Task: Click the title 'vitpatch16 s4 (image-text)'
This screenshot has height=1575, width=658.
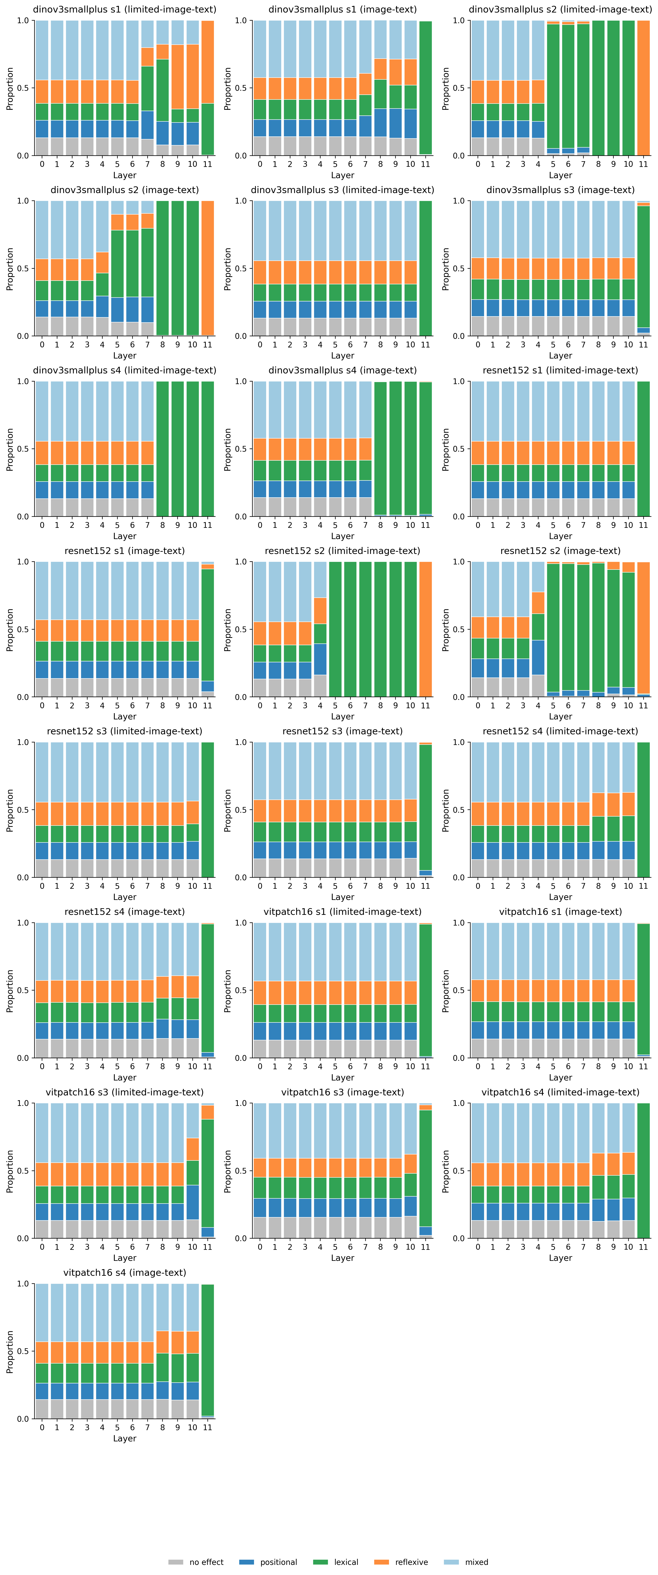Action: [x=125, y=1272]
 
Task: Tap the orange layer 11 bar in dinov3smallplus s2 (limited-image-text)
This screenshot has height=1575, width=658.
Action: [x=643, y=87]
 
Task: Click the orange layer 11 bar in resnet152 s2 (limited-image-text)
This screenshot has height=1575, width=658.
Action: [x=425, y=629]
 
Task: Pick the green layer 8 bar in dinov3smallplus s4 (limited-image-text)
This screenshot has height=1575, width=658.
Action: [x=163, y=449]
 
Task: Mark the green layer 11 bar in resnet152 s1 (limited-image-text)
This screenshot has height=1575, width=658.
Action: [x=643, y=449]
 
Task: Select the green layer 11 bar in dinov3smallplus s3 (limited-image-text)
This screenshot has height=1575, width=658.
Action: [x=425, y=268]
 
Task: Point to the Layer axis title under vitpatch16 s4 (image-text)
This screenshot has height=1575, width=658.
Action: [x=125, y=1438]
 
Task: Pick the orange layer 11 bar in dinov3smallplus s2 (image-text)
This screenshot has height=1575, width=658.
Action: [x=208, y=268]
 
